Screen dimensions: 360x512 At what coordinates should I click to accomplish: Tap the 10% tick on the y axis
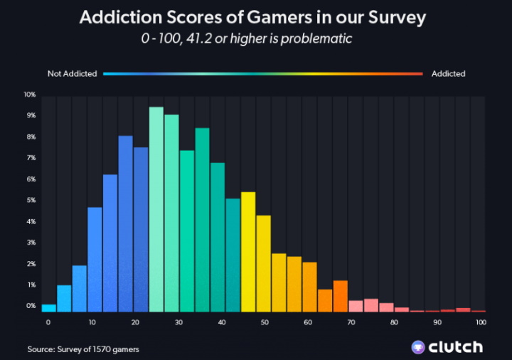29,95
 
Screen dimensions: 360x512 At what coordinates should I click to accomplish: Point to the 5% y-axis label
31,201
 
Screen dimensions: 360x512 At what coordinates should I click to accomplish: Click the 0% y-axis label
31,306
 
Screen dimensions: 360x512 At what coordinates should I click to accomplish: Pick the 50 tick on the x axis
265,322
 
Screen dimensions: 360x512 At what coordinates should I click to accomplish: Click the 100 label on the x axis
481,322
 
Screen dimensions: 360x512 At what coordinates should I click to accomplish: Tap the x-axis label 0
48,322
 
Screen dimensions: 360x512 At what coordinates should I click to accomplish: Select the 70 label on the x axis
351,322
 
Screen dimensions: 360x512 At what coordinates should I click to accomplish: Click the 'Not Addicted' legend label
72,73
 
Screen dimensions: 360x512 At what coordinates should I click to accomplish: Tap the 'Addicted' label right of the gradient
448,73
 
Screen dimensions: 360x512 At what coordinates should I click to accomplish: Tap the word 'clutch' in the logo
457,347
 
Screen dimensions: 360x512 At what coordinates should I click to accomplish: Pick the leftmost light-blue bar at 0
48,308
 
